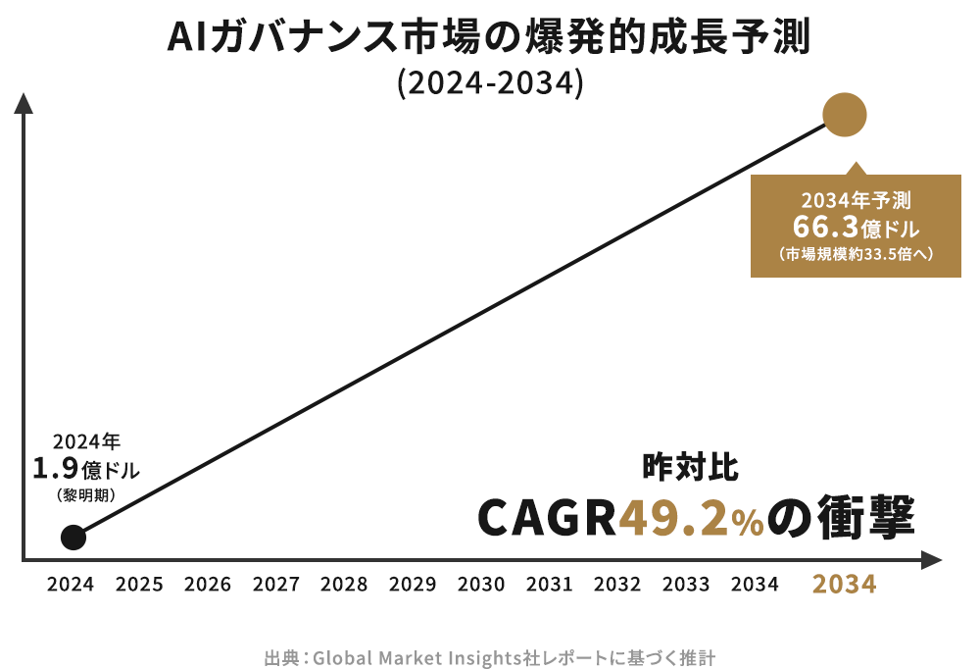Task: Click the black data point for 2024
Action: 72,537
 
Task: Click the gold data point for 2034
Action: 845,115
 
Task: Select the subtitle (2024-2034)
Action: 490,83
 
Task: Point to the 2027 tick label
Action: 275,585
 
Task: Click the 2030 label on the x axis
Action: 480,585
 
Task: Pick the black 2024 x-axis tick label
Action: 71,585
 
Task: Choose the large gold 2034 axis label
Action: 844,585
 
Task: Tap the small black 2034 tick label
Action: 755,585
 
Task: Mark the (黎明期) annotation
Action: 86,495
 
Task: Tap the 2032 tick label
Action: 617,585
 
